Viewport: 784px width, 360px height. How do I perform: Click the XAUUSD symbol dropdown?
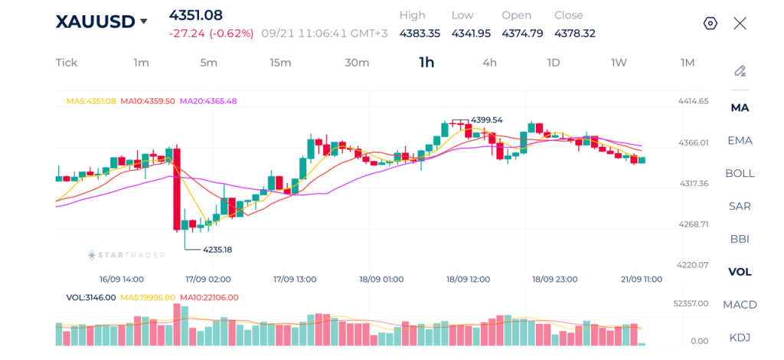point(102,21)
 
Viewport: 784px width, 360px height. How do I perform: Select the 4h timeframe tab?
point(489,63)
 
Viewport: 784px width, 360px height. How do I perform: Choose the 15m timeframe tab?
point(280,63)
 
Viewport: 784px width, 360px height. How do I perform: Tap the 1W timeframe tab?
point(619,63)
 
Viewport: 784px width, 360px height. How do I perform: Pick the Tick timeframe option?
point(67,63)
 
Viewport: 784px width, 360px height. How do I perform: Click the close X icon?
point(740,23)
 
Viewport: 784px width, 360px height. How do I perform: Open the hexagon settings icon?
point(710,24)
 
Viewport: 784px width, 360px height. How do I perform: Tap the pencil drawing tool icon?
point(740,71)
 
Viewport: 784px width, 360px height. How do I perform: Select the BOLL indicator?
point(740,174)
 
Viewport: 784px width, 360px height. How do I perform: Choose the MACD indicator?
point(740,305)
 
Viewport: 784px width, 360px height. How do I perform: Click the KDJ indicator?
point(740,338)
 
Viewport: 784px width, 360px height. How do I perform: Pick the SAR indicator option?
point(740,206)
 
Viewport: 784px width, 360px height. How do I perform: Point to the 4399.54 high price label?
point(486,120)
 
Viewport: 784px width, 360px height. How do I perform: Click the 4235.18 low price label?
point(217,249)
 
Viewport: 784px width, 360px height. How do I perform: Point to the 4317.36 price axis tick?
point(694,184)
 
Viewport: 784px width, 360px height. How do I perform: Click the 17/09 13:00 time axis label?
point(295,279)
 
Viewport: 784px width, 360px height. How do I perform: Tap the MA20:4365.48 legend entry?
point(208,101)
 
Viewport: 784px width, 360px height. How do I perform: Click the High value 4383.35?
point(420,34)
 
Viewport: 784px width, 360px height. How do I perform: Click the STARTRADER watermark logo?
point(126,255)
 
